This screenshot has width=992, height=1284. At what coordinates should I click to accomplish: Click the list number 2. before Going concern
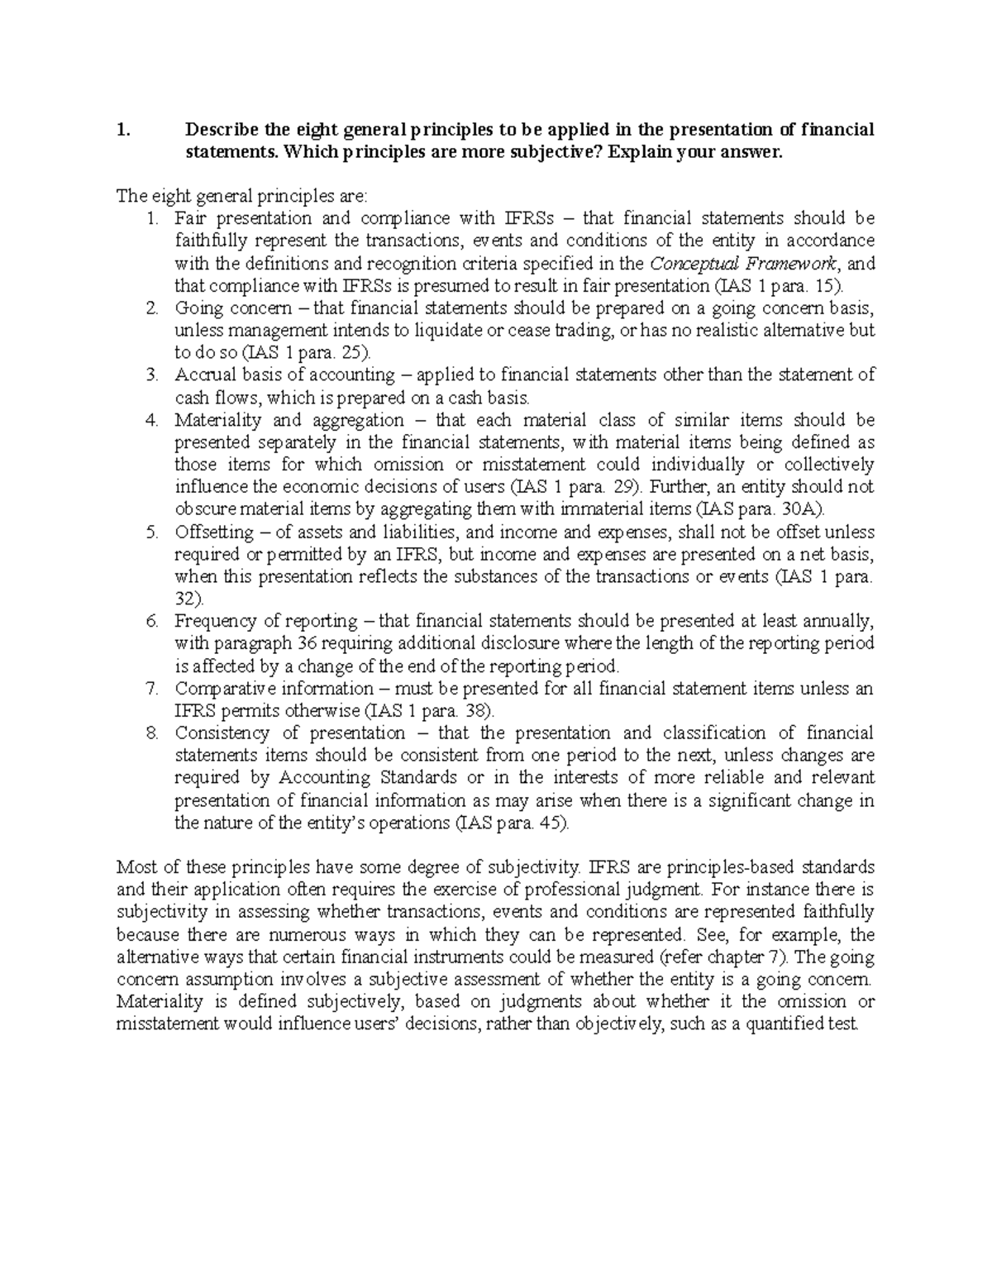point(151,308)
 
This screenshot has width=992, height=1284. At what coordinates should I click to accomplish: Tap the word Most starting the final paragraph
point(135,867)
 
